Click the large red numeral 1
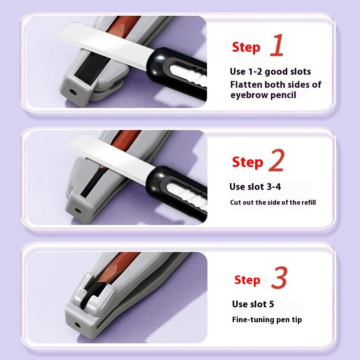pyautogui.click(x=277, y=45)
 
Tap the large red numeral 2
pyautogui.click(x=276, y=160)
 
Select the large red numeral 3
pyautogui.click(x=279, y=277)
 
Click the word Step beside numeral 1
pyautogui.click(x=246, y=48)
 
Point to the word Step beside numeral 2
pyautogui.click(x=247, y=162)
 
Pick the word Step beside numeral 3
pyautogui.click(x=247, y=280)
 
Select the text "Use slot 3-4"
pyautogui.click(x=255, y=187)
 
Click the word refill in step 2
pyautogui.click(x=309, y=202)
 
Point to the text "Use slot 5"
pyautogui.click(x=253, y=304)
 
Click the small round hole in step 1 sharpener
pyautogui.click(x=73, y=93)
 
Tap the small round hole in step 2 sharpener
pyautogui.click(x=77, y=211)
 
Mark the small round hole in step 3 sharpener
pyautogui.click(x=77, y=325)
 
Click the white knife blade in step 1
pyautogui.click(x=104, y=46)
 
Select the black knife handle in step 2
pyautogui.click(x=177, y=193)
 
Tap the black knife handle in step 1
pyautogui.click(x=177, y=73)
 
